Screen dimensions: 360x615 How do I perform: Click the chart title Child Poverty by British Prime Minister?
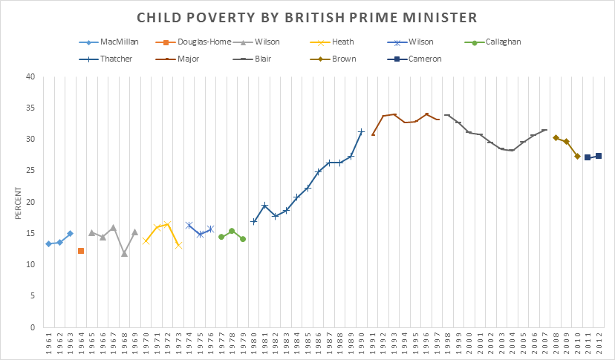pos(307,17)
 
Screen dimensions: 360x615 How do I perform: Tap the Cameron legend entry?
pos(426,59)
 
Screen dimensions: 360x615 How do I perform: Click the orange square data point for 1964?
pos(81,251)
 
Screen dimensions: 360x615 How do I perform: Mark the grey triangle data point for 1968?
pos(124,254)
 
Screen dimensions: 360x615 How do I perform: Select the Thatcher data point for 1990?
pos(362,132)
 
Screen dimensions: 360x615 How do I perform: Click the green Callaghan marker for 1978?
pos(232,231)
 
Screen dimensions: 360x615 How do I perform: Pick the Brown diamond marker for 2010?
pos(577,156)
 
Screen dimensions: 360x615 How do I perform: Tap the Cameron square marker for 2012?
pos(599,156)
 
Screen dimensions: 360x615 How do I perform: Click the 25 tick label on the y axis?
pos(30,171)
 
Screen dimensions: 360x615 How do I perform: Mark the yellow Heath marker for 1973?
pos(178,245)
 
